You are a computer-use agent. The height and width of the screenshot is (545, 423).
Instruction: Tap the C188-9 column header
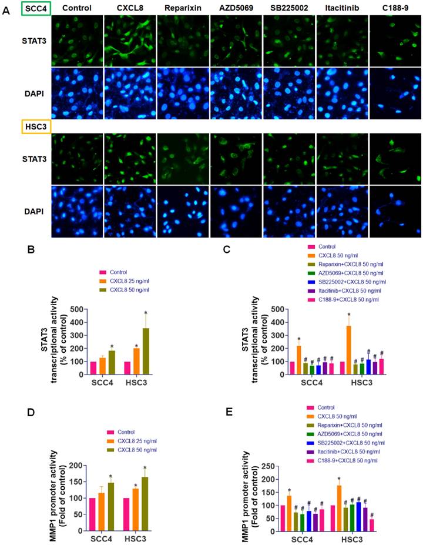(392, 8)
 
